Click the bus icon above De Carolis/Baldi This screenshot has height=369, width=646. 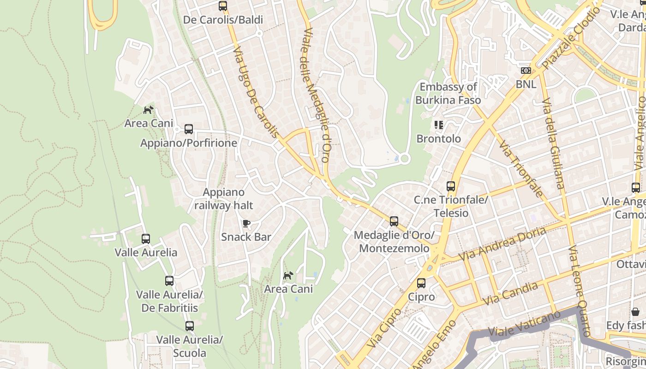[223, 6]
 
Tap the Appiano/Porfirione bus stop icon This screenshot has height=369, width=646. [189, 129]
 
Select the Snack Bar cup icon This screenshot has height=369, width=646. [246, 224]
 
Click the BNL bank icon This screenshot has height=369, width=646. [526, 71]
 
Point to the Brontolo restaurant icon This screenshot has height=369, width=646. [438, 125]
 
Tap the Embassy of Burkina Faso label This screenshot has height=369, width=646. [448, 94]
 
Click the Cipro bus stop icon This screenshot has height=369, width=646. [421, 283]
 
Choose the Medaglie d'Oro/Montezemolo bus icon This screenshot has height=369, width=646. [394, 221]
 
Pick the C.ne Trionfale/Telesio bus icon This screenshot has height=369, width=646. [451, 187]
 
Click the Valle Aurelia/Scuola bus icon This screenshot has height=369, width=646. [189, 326]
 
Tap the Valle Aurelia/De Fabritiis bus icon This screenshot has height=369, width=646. [169, 281]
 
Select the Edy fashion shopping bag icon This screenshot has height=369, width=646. [635, 312]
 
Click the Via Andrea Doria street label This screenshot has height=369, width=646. [502, 244]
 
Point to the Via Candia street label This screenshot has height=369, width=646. [510, 293]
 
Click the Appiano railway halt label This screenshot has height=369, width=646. [224, 199]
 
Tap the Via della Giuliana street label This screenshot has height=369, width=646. [553, 143]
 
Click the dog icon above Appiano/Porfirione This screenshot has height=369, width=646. [148, 110]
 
